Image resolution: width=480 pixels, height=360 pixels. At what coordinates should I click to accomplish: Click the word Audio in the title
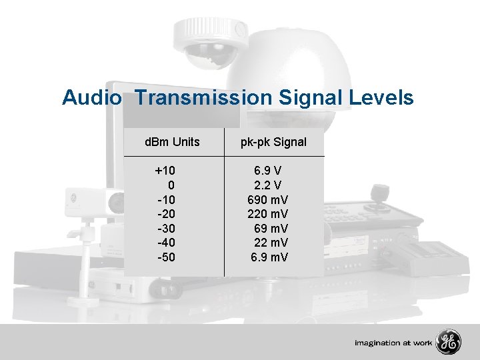click(x=92, y=98)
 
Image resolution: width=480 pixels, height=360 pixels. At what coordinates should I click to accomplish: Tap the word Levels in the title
click(x=383, y=98)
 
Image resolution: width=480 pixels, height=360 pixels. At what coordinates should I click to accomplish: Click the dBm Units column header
click(x=173, y=142)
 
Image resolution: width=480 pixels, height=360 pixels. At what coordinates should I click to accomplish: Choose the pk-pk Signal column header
click(x=273, y=142)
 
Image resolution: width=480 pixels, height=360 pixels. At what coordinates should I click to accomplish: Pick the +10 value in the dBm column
click(x=165, y=171)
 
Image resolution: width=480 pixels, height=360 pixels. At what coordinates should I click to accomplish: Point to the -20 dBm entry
click(x=167, y=214)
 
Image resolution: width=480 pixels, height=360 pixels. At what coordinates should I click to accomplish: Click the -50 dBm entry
click(x=167, y=257)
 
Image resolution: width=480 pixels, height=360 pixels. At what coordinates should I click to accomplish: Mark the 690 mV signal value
click(x=267, y=200)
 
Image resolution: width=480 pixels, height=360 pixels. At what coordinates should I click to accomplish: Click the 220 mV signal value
click(x=267, y=214)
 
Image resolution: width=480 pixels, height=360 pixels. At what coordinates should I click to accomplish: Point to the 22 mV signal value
click(x=271, y=243)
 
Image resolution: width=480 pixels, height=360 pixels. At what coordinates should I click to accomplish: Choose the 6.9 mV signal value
click(x=269, y=257)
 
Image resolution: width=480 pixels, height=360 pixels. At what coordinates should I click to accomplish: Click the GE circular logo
click(x=448, y=343)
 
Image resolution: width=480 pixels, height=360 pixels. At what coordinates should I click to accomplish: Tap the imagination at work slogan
click(x=393, y=343)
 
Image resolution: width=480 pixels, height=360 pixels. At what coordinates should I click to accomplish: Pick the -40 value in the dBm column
click(x=167, y=243)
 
